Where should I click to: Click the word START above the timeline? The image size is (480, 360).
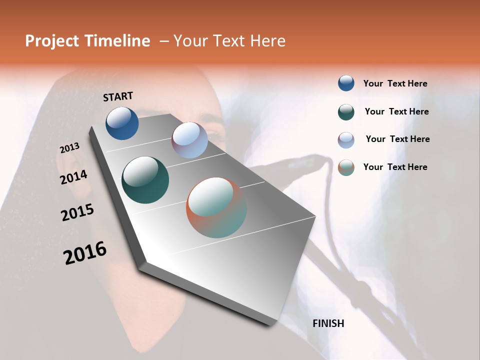[x=118, y=96]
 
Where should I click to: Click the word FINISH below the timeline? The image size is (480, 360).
[x=328, y=323]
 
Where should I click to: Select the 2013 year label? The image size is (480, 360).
[x=69, y=148]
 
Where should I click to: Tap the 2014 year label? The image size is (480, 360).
[x=73, y=177]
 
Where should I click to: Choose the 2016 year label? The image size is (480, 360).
[x=85, y=253]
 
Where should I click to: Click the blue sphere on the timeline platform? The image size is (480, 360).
[x=122, y=123]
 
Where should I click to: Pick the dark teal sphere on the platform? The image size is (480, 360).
[x=145, y=180]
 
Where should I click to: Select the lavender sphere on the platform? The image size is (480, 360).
[x=189, y=140]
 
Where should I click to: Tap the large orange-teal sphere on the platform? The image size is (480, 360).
[x=216, y=207]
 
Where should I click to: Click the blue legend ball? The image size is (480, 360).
[x=346, y=83]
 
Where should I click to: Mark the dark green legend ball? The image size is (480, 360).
[x=346, y=111]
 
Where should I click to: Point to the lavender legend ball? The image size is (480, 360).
[x=346, y=139]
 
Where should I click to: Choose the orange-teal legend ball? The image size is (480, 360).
[x=346, y=167]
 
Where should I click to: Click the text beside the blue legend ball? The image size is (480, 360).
[x=395, y=83]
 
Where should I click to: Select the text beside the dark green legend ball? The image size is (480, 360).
[x=396, y=111]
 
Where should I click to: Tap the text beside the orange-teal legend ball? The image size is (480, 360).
[x=395, y=167]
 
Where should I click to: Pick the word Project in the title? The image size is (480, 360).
[x=52, y=41]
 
